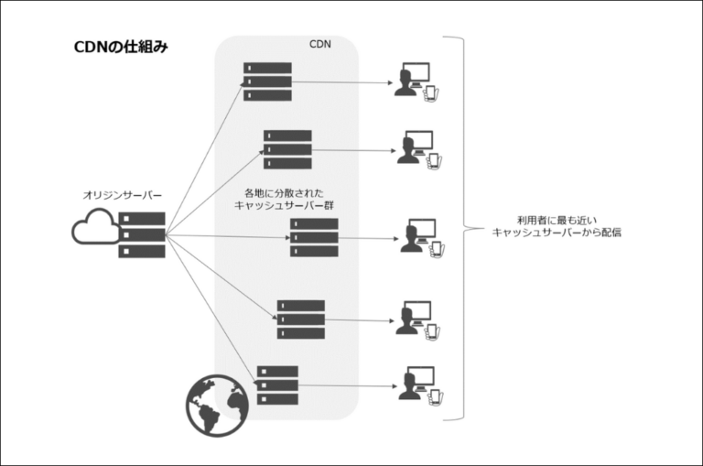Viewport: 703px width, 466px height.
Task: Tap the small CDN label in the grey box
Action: point(320,43)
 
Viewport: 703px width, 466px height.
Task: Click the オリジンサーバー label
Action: point(123,195)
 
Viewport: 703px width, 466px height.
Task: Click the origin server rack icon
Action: point(142,234)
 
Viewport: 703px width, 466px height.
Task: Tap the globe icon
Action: point(217,404)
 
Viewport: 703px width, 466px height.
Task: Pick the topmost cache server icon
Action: point(267,81)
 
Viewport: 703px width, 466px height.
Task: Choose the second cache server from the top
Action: point(287,148)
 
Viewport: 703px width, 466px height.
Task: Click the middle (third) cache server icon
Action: point(314,237)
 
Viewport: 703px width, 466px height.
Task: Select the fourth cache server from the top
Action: point(301,319)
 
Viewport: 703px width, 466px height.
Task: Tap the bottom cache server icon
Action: point(277,385)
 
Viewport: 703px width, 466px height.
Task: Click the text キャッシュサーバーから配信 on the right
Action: point(557,233)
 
